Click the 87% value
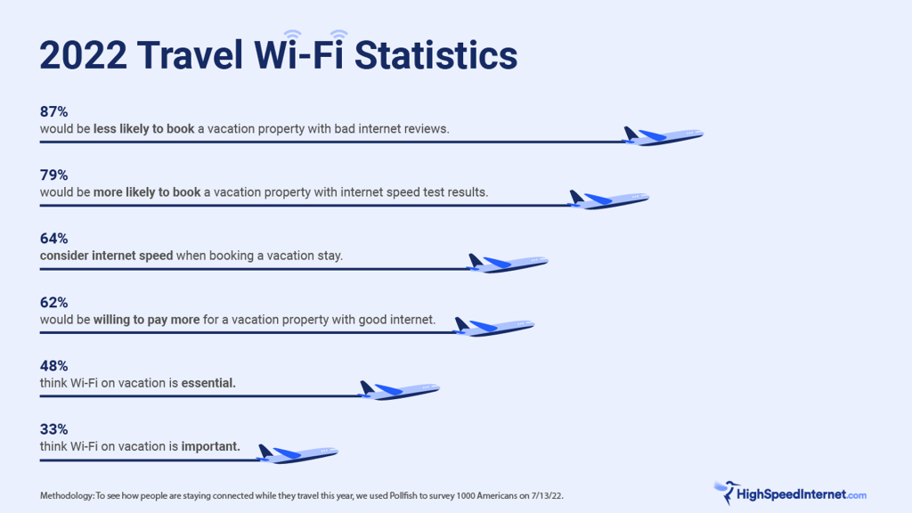click(x=53, y=111)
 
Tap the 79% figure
click(x=53, y=175)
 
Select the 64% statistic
click(x=53, y=239)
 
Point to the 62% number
click(x=53, y=303)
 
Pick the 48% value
click(x=53, y=366)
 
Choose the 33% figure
click(x=53, y=429)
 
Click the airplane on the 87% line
click(x=663, y=136)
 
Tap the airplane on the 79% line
click(x=608, y=199)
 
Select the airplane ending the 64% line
click(x=507, y=263)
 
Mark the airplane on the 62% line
click(x=493, y=327)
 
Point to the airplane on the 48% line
click(x=399, y=390)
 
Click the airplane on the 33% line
click(x=297, y=453)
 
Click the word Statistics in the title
click(x=436, y=56)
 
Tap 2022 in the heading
click(x=83, y=56)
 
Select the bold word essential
click(x=208, y=383)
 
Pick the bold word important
click(x=210, y=447)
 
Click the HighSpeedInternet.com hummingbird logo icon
click(x=727, y=492)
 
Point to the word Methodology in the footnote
click(x=66, y=496)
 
